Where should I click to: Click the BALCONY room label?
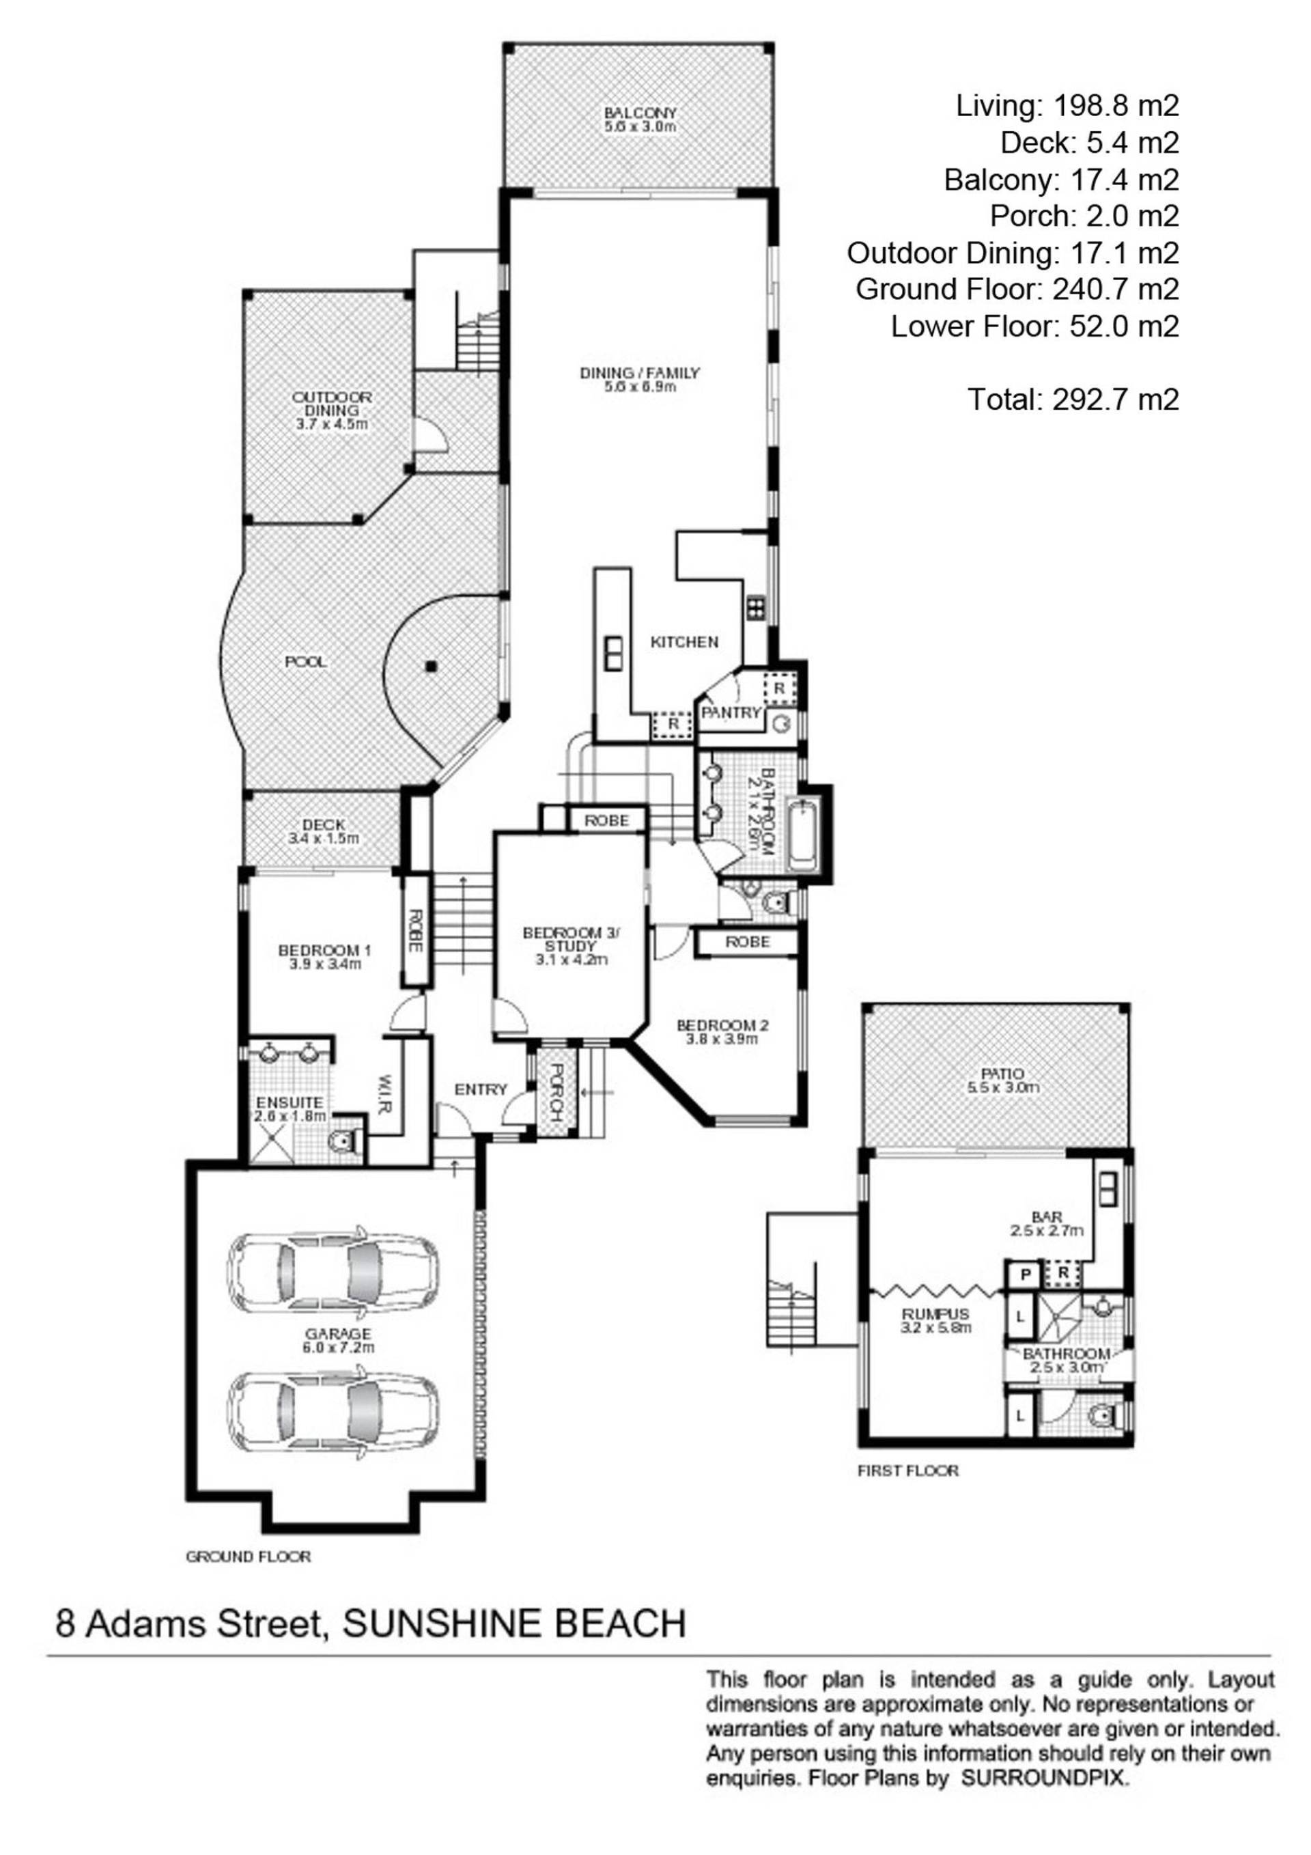click(x=640, y=112)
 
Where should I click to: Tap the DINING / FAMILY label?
click(x=640, y=372)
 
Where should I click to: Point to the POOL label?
click(x=306, y=662)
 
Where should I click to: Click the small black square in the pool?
click(x=432, y=666)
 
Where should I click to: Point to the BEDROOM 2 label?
click(x=722, y=1025)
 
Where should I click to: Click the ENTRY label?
click(x=481, y=1089)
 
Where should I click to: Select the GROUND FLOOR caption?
click(x=248, y=1557)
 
